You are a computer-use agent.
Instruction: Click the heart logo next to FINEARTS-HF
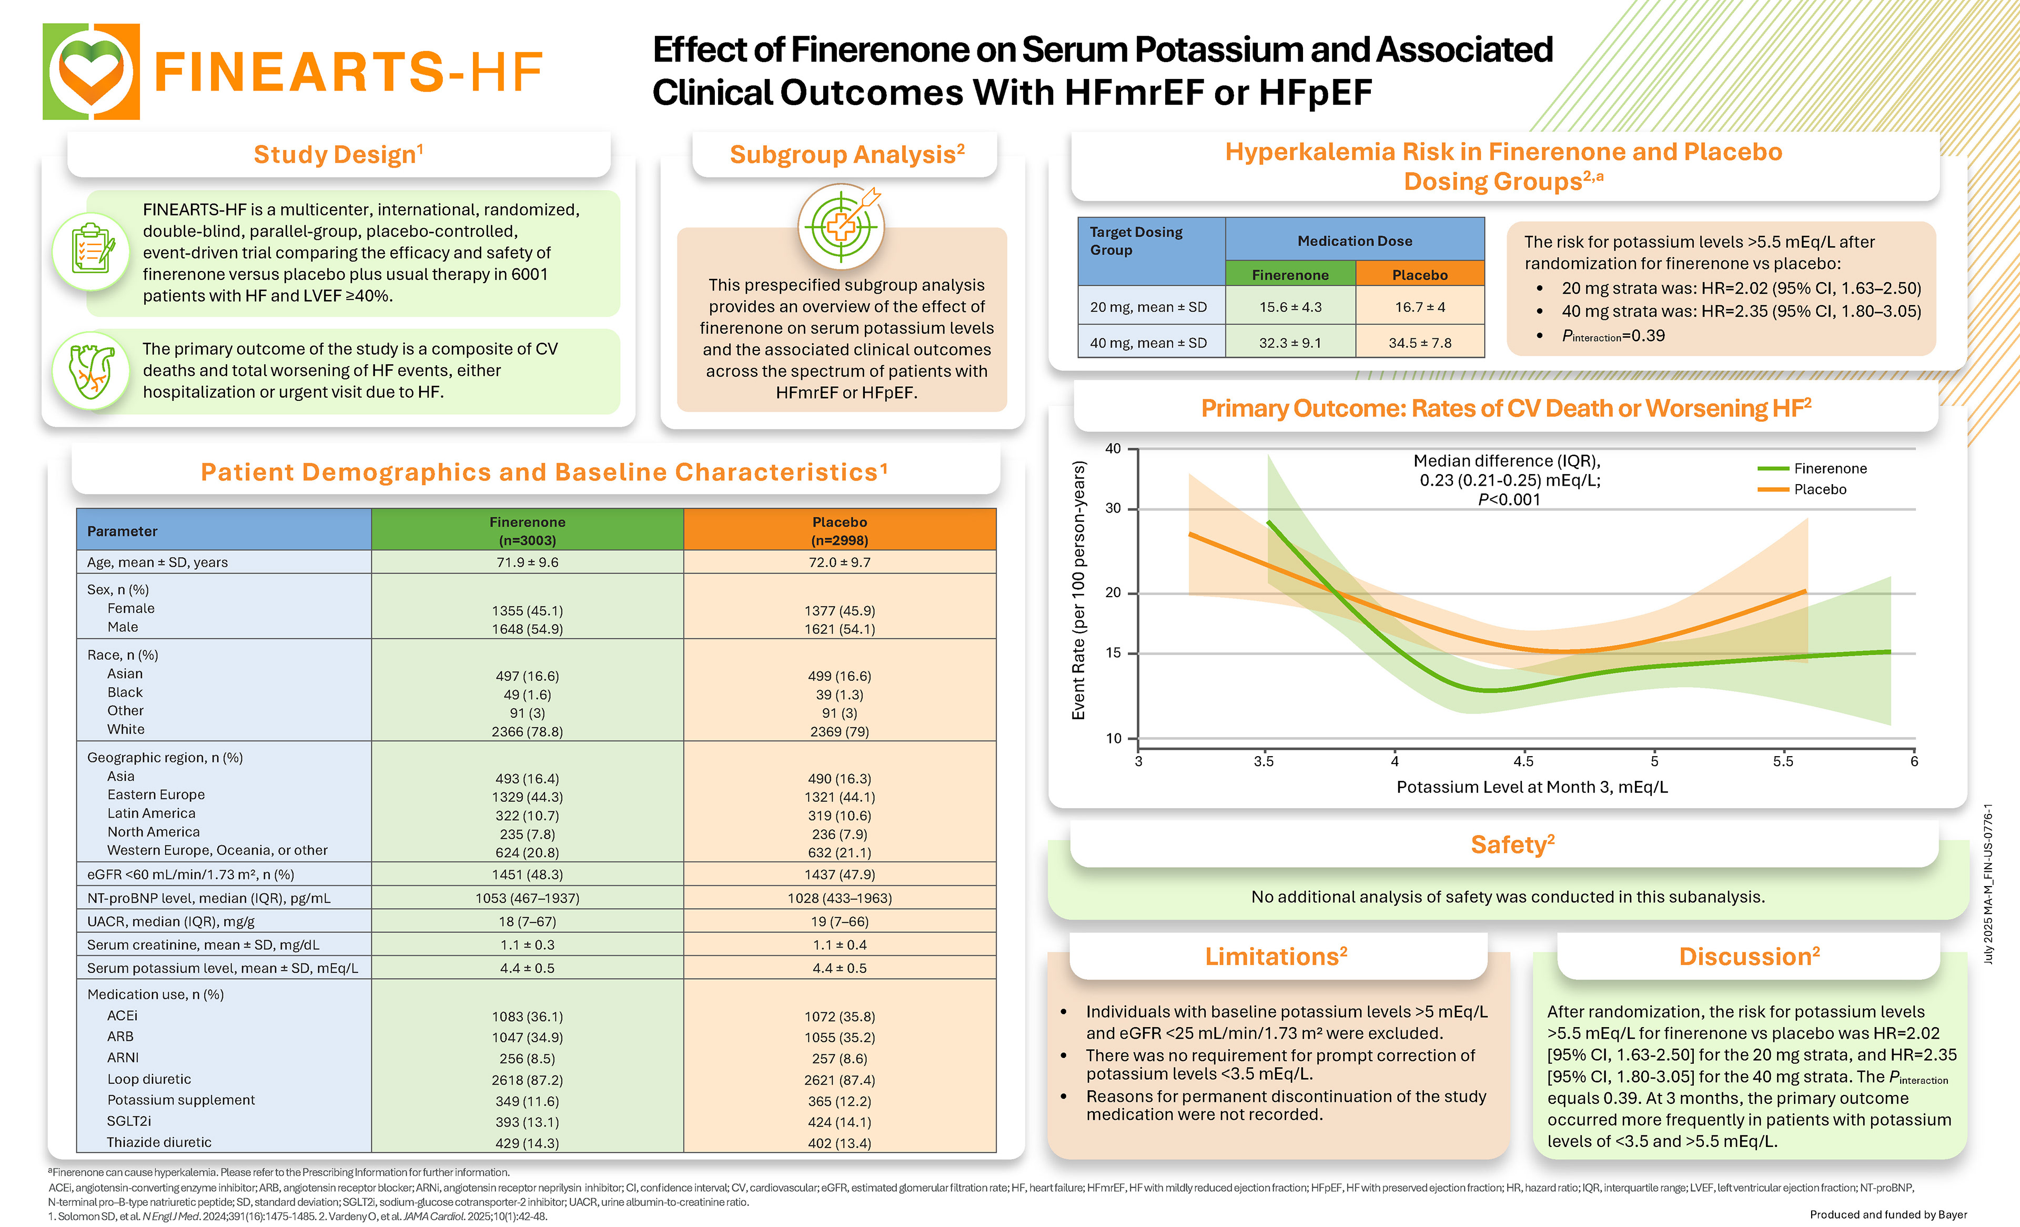tap(91, 72)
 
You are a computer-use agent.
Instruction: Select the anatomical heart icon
tap(91, 371)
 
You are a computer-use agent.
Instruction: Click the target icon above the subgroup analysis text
tap(841, 226)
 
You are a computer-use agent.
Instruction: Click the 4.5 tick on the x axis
tap(1523, 761)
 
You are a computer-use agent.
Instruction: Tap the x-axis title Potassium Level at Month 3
tap(1531, 787)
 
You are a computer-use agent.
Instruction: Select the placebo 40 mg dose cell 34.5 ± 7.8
tap(1419, 343)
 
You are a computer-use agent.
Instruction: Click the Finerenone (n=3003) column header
tap(527, 531)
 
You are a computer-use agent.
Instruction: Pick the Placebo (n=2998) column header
tap(840, 531)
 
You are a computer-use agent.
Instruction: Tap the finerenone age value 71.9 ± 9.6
tap(527, 562)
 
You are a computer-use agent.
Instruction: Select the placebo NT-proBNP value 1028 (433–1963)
tap(840, 898)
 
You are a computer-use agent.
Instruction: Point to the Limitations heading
tap(1276, 957)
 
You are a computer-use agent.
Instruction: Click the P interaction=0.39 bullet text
tap(1612, 336)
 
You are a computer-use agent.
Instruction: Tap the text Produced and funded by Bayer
tap(1887, 1215)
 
